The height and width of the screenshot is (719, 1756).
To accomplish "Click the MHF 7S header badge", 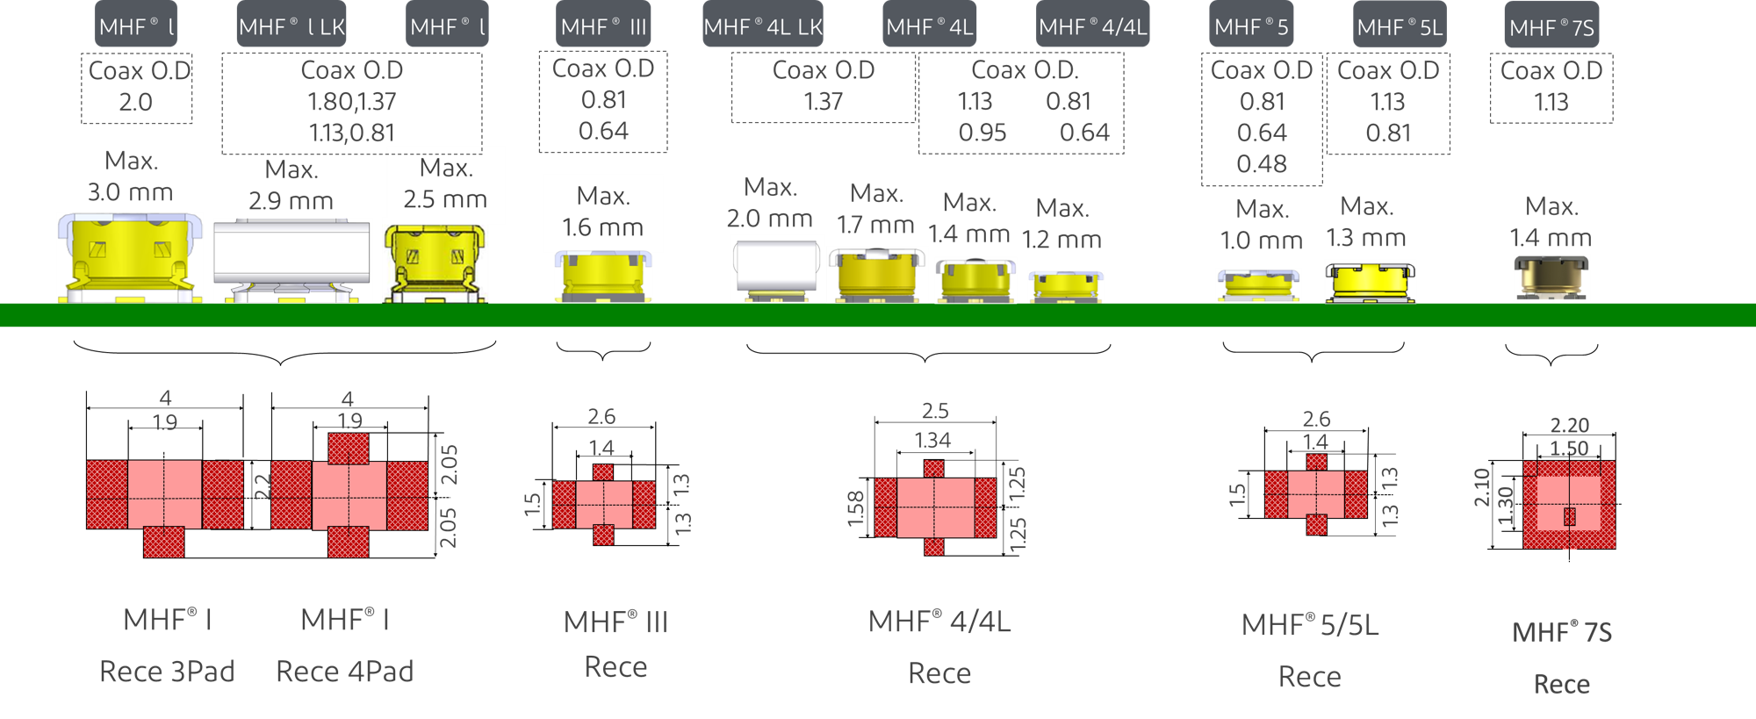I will [1551, 26].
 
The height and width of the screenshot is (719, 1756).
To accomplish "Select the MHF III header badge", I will [603, 26].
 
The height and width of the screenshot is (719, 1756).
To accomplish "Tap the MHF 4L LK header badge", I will [763, 26].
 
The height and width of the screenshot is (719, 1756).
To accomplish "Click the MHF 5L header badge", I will [1400, 26].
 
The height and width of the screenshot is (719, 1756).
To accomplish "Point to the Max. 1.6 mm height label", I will [603, 212].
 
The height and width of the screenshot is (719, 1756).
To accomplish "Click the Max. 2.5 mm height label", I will [446, 183].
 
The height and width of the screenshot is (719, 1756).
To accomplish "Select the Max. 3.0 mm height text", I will [131, 176].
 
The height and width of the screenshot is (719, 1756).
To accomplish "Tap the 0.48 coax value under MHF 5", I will [1262, 164].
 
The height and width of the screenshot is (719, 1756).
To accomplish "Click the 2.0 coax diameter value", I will [136, 103].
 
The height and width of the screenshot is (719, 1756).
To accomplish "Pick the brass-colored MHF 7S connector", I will [1551, 277].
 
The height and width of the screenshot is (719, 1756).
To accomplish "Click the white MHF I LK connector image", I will [292, 260].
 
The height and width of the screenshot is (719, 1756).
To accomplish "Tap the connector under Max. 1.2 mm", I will [1066, 287].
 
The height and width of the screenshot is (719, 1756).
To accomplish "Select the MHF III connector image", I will [603, 277].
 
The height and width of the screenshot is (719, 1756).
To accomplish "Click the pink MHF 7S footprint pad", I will [1569, 504].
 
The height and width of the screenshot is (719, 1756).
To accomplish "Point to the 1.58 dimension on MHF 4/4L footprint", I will [856, 508].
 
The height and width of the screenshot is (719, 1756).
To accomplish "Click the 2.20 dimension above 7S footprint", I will [1569, 425].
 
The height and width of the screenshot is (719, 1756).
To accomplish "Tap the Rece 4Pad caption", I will [344, 672].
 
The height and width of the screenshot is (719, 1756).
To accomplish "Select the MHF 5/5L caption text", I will [1310, 625].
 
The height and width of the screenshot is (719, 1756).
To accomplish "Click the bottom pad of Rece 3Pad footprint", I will [164, 542].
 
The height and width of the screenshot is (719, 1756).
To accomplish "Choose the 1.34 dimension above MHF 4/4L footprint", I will [932, 440].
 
